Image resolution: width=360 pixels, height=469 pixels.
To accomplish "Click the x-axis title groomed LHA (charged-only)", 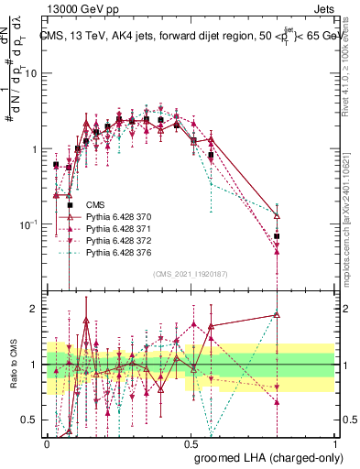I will click(x=285, y=458).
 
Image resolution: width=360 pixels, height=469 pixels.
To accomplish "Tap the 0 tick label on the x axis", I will click(x=47, y=443).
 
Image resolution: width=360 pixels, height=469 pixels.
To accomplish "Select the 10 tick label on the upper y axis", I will click(x=29, y=73).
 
